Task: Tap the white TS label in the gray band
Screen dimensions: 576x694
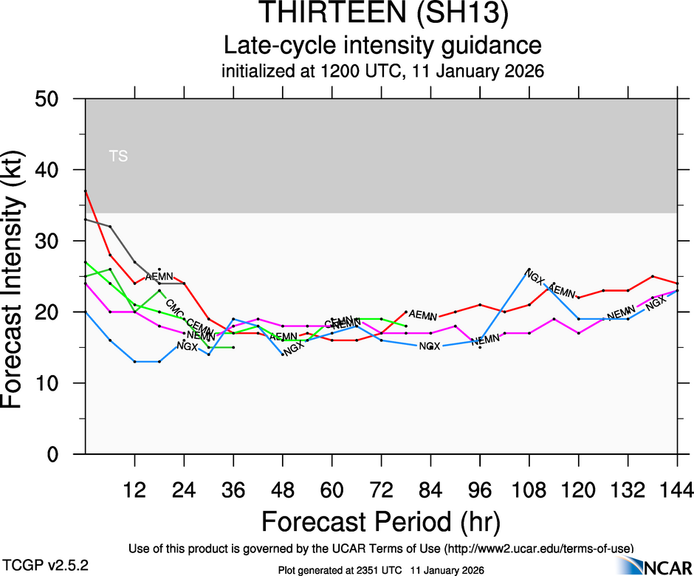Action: [118, 156]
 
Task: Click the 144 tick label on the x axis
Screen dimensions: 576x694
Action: [678, 490]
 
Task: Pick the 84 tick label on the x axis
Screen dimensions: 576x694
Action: [431, 490]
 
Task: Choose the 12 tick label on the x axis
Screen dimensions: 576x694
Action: [134, 490]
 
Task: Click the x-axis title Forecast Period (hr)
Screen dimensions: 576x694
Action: [381, 521]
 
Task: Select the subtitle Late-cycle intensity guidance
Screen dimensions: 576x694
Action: [382, 46]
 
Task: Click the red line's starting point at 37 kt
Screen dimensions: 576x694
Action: [86, 191]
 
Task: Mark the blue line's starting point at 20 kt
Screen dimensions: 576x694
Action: [86, 312]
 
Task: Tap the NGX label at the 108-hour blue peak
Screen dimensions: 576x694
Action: [533, 277]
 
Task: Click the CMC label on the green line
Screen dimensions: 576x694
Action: [174, 306]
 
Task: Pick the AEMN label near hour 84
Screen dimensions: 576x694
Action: [423, 315]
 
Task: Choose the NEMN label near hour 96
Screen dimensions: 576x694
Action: [486, 340]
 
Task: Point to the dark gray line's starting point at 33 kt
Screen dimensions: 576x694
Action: [86, 219]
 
